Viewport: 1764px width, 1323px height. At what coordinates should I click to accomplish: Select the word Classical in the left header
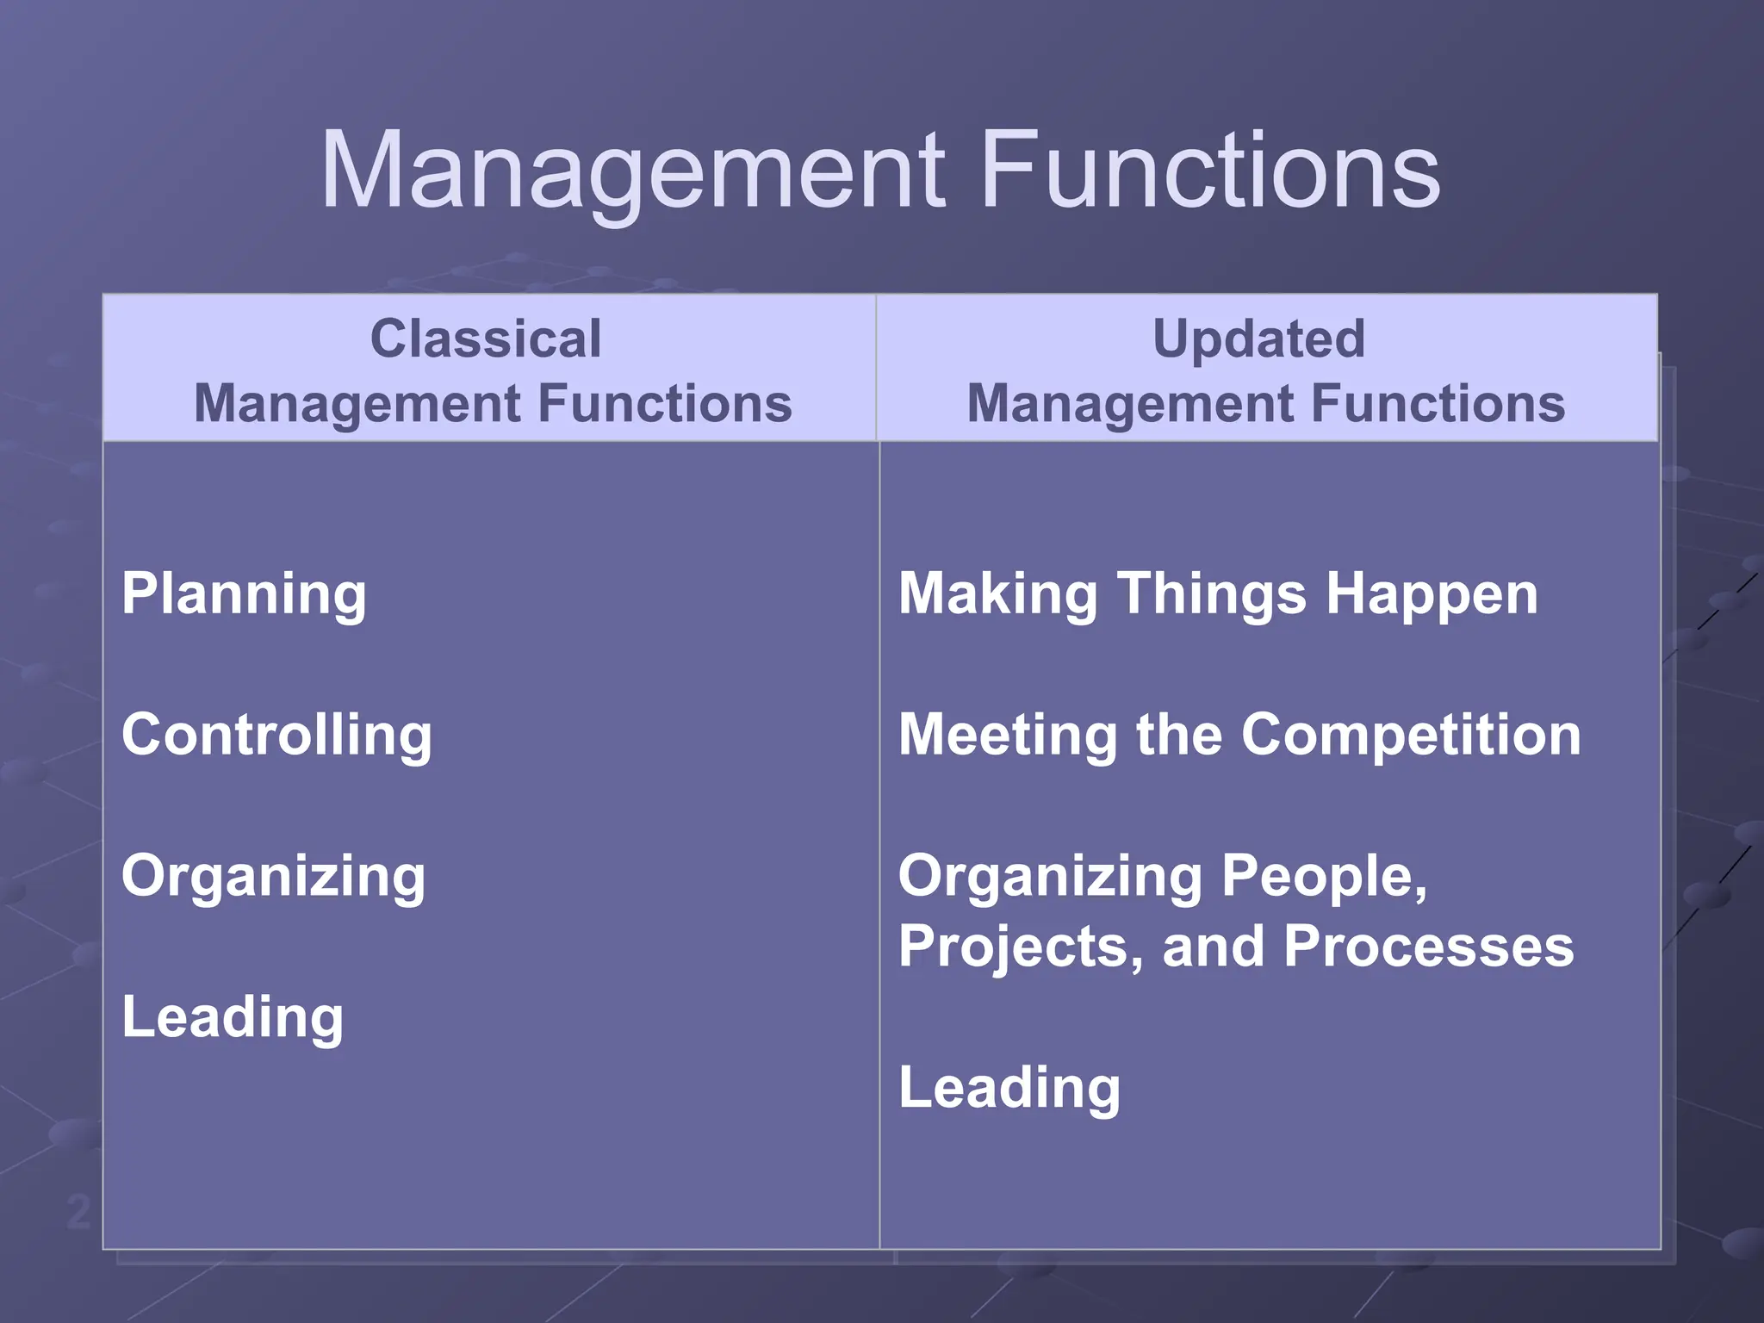click(486, 338)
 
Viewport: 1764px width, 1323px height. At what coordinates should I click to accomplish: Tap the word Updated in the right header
click(1258, 338)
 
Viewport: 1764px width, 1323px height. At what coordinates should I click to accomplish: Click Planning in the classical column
click(244, 594)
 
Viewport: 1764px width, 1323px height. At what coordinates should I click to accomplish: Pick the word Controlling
click(276, 735)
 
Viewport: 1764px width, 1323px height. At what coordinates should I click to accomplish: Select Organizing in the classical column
click(273, 876)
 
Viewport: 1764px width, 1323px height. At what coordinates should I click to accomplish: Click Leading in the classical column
click(233, 1017)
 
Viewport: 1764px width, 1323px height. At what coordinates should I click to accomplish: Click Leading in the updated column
click(1009, 1088)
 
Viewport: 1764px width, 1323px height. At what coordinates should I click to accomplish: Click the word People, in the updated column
click(1324, 876)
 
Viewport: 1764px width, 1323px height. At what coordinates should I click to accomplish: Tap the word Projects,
click(1022, 947)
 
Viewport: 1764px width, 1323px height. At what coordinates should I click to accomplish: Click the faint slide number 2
click(78, 1213)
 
